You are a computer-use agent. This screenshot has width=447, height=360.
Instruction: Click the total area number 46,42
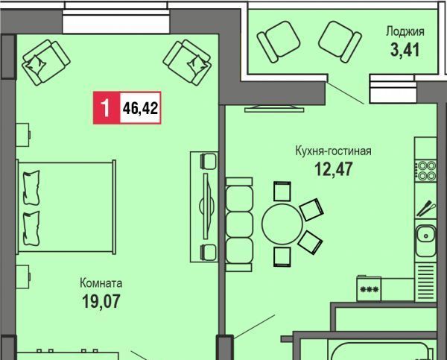coord(140,108)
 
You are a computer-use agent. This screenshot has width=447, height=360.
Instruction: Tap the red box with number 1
coord(107,108)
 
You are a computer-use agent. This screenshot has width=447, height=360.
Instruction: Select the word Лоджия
coord(405,31)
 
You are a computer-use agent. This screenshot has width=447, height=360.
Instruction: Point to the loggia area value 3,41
coord(405,50)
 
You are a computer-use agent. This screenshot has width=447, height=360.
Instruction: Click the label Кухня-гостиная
coord(333,151)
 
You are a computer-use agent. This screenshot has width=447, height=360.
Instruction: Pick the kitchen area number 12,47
coord(334,168)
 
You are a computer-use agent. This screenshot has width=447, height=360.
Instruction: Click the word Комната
coord(101,283)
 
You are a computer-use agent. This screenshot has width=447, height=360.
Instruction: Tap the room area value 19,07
coord(101,301)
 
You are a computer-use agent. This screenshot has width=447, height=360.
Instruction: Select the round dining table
coord(282,224)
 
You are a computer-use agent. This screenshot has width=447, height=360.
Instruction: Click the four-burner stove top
coord(426,171)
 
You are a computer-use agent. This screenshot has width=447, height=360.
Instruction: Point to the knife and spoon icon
coord(426,209)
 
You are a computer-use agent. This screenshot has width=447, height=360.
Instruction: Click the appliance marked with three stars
coord(370,288)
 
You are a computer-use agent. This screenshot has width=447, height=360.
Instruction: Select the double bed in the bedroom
coord(66,207)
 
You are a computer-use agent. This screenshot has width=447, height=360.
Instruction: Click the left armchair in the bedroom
coord(46,63)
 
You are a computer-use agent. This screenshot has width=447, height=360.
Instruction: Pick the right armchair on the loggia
coord(340,42)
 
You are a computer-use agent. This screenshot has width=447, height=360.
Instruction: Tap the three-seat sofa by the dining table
coord(239,224)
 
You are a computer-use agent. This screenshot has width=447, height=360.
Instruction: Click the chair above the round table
coord(282,192)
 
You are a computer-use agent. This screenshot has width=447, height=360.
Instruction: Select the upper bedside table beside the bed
coord(23,135)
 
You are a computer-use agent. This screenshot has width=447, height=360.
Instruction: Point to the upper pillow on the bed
coord(31,188)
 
